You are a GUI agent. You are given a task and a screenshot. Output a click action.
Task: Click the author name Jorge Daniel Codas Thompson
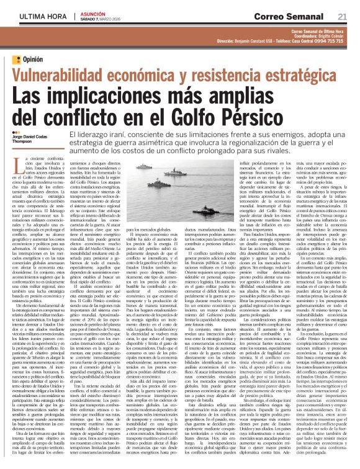pyautogui.click(x=29, y=136)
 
